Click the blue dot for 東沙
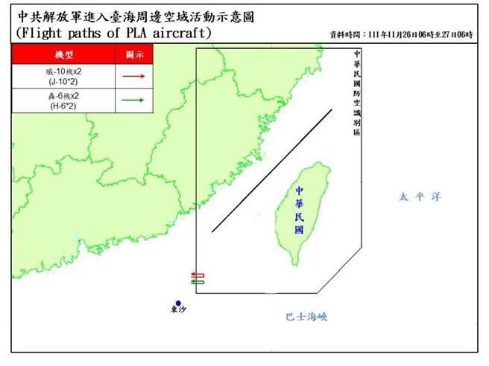pyautogui.click(x=178, y=304)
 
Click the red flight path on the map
pyautogui.click(x=198, y=275)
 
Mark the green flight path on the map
pyautogui.click(x=198, y=282)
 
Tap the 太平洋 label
pyautogui.click(x=419, y=197)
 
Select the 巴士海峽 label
pyautogui.click(x=306, y=317)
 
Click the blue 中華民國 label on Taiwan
pyautogui.click(x=300, y=210)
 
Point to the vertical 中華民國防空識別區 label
pyautogui.click(x=357, y=93)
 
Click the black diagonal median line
pyautogui.click(x=272, y=171)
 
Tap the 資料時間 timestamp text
pyautogui.click(x=401, y=34)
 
